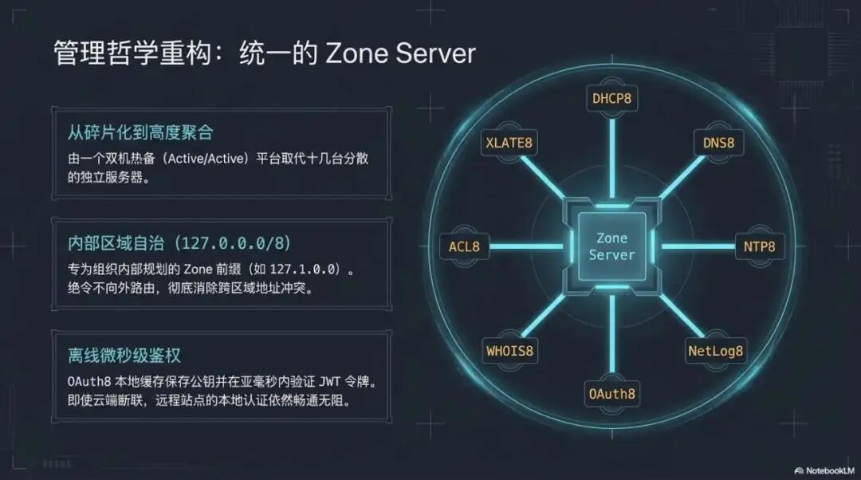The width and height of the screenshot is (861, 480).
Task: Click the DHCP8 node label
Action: click(x=611, y=99)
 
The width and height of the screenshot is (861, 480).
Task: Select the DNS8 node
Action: click(x=718, y=144)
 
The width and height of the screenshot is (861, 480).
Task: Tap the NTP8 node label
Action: click(x=759, y=246)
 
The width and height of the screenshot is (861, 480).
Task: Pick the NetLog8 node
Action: click(x=715, y=350)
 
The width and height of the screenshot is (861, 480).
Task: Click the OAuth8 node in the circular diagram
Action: click(x=611, y=393)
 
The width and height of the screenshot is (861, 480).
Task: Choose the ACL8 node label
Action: click(x=464, y=246)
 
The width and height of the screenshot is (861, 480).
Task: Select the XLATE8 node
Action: click(x=508, y=144)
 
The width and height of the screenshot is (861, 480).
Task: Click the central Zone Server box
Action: click(x=611, y=246)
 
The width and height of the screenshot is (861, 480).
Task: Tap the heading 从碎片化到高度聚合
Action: click(x=140, y=132)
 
